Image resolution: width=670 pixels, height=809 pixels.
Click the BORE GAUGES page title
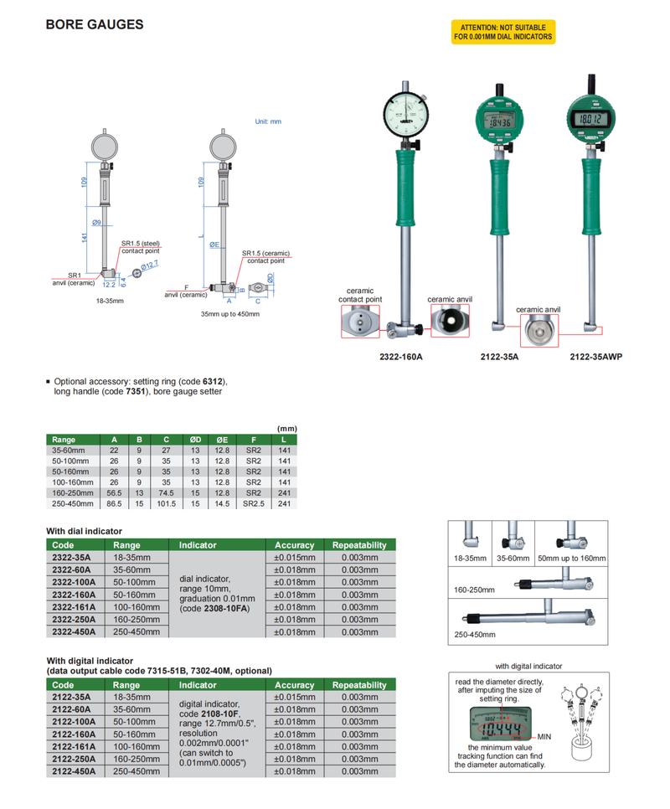(x=94, y=25)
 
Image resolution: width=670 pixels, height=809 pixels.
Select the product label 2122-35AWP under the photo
(x=596, y=355)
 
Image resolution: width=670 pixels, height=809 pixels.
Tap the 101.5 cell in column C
(x=167, y=505)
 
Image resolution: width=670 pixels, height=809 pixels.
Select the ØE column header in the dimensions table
(x=222, y=440)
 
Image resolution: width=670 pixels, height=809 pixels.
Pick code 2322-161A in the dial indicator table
(x=73, y=607)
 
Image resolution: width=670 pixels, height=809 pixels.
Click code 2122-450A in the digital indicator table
(x=73, y=771)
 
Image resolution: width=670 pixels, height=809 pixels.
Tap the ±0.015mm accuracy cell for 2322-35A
(x=295, y=557)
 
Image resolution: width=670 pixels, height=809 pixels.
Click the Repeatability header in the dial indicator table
(x=359, y=544)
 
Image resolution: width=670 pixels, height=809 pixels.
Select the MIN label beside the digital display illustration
(x=544, y=736)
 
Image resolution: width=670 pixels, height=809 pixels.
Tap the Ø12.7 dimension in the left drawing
(x=150, y=266)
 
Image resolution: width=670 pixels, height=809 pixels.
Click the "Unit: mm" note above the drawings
(x=268, y=121)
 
